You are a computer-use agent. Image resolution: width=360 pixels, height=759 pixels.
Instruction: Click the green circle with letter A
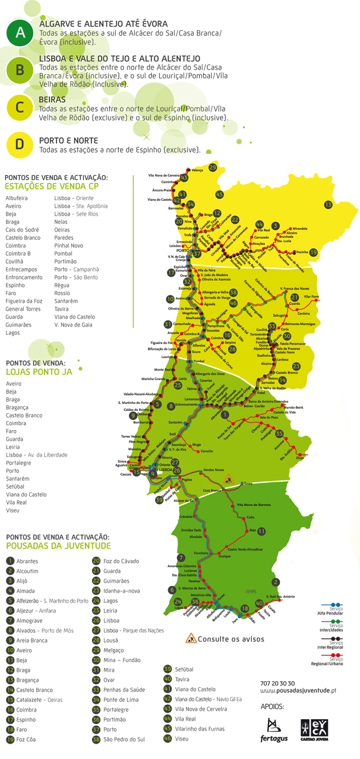coord(20,33)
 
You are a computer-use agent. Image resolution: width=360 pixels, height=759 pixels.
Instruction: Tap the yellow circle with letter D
coord(20,144)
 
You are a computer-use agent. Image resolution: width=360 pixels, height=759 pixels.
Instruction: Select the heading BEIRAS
coord(52,100)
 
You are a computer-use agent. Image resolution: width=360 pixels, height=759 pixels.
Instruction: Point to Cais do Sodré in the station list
coord(21,230)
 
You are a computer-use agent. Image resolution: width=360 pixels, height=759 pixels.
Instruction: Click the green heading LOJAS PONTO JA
coord(38,372)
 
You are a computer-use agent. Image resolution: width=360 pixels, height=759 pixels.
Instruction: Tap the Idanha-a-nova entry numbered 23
coord(121,591)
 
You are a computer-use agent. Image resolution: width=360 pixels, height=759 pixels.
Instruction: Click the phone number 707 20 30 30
coord(277,684)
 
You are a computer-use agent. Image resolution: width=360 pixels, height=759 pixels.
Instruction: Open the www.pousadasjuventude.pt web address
coord(298,691)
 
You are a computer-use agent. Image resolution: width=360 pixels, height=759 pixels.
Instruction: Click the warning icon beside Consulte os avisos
coord(191,638)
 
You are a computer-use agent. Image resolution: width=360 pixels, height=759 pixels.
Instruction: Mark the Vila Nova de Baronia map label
coord(254,504)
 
